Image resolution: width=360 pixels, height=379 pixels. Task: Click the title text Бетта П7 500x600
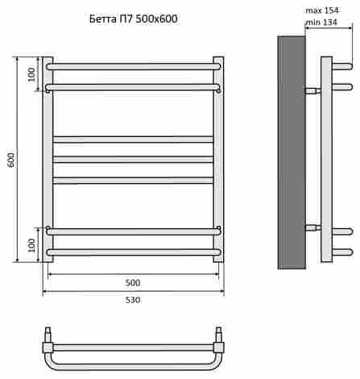(x=134, y=19)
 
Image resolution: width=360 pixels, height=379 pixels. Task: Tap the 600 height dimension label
(x=11, y=160)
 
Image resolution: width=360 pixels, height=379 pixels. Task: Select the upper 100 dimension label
(x=31, y=74)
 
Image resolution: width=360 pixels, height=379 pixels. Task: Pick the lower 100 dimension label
(x=31, y=245)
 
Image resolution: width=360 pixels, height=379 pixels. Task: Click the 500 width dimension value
(x=133, y=283)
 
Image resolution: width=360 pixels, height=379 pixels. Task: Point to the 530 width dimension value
(x=133, y=300)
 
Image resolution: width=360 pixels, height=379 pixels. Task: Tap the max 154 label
(x=322, y=10)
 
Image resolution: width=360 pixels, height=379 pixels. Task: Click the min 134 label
(x=321, y=23)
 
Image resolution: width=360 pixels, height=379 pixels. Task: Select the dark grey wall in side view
(x=292, y=152)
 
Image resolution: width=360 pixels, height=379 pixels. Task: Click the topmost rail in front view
(x=133, y=67)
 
